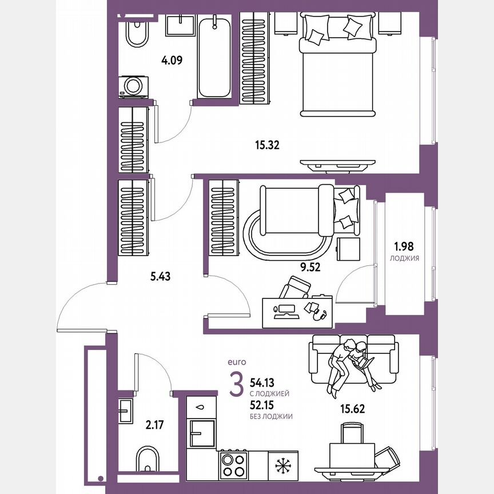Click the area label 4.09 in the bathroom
point(172,59)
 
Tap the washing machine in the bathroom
point(134,86)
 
